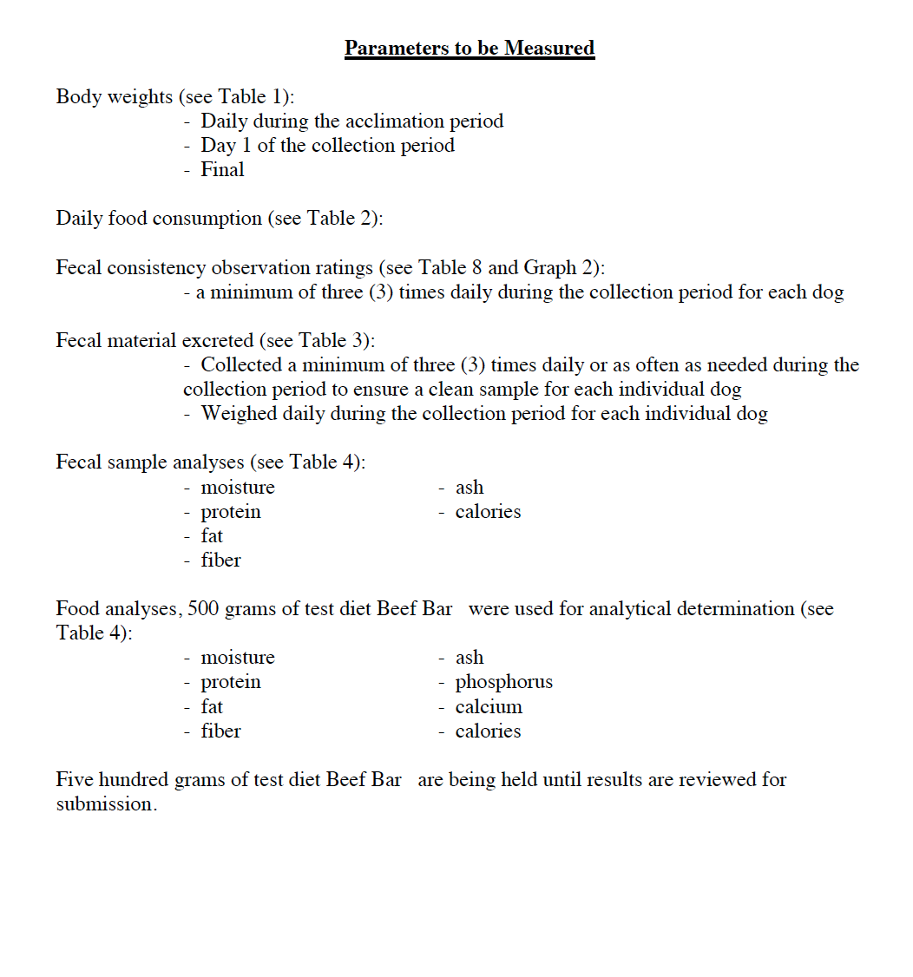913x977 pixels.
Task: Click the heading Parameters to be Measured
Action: pyautogui.click(x=470, y=48)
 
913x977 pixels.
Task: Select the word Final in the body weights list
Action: pyautogui.click(x=222, y=170)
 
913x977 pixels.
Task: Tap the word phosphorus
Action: pyautogui.click(x=503, y=682)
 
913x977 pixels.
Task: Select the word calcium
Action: pyautogui.click(x=489, y=706)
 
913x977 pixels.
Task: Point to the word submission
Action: pyautogui.click(x=105, y=804)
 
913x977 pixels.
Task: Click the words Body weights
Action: pyautogui.click(x=115, y=97)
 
